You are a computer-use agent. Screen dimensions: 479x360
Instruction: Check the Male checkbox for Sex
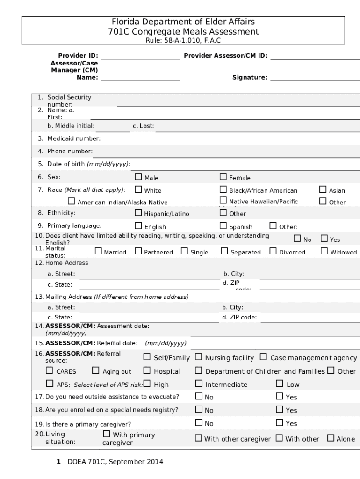[x=138, y=177]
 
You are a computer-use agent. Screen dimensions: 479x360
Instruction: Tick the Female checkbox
[x=223, y=177]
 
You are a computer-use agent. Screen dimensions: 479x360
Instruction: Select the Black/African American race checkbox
[x=223, y=189]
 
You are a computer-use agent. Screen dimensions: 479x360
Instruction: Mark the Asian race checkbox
[x=323, y=189]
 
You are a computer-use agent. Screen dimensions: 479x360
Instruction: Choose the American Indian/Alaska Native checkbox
[x=72, y=202]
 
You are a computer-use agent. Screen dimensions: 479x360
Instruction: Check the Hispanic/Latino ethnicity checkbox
[x=138, y=213]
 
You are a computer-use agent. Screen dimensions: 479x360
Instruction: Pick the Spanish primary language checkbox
[x=223, y=226]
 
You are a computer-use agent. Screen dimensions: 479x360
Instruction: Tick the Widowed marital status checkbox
[x=324, y=251]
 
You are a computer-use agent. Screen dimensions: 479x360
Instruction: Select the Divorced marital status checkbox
[x=273, y=251]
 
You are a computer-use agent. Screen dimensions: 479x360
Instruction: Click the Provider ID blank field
[x=140, y=56]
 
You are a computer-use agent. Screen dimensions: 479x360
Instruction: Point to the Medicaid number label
[x=73, y=138]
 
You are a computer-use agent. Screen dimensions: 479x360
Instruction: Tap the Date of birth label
[x=88, y=164]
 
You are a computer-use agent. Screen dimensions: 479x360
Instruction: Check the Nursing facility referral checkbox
[x=198, y=357]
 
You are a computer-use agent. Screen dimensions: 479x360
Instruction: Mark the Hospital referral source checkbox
[x=147, y=371]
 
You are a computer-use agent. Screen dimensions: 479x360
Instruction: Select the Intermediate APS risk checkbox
[x=198, y=384]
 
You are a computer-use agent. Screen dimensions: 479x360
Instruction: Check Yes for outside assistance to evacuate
[x=280, y=397]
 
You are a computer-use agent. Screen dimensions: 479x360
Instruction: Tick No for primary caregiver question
[x=198, y=423]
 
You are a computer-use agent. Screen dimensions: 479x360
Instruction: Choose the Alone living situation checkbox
[x=331, y=438]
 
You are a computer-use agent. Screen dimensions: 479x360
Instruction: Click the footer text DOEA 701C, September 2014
[x=115, y=462]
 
